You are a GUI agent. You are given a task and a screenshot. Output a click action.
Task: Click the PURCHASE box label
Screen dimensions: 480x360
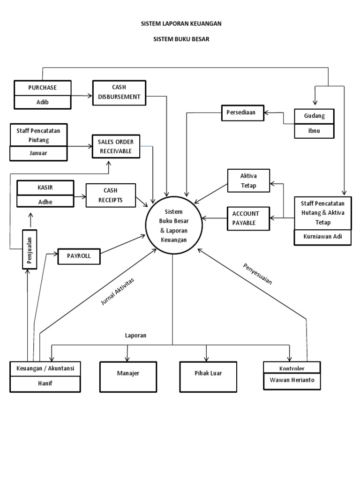click(42, 88)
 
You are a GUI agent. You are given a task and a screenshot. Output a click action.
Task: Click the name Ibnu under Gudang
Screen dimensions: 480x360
click(315, 131)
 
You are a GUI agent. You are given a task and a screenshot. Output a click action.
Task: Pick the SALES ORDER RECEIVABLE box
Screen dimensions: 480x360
click(115, 146)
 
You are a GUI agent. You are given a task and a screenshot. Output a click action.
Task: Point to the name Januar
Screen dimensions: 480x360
click(39, 153)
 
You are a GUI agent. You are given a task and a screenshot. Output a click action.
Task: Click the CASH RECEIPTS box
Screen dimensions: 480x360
click(111, 195)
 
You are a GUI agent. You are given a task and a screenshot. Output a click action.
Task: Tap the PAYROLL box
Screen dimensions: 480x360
click(78, 256)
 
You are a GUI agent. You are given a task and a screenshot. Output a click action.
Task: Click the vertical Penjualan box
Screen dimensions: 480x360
click(29, 249)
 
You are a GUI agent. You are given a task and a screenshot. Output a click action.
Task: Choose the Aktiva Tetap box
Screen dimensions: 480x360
click(248, 180)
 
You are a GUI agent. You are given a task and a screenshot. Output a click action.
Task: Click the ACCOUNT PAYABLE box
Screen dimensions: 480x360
click(248, 218)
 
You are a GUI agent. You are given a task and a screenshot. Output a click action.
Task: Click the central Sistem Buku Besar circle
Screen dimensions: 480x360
click(173, 226)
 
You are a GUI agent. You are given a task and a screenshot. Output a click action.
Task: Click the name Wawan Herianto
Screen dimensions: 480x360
click(292, 381)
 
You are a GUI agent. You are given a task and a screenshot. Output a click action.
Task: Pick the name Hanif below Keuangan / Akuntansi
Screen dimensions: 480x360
click(45, 383)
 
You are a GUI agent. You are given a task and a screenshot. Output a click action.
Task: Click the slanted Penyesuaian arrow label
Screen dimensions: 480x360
click(257, 274)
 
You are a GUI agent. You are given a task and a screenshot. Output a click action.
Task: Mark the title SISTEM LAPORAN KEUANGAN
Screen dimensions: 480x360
click(181, 23)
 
